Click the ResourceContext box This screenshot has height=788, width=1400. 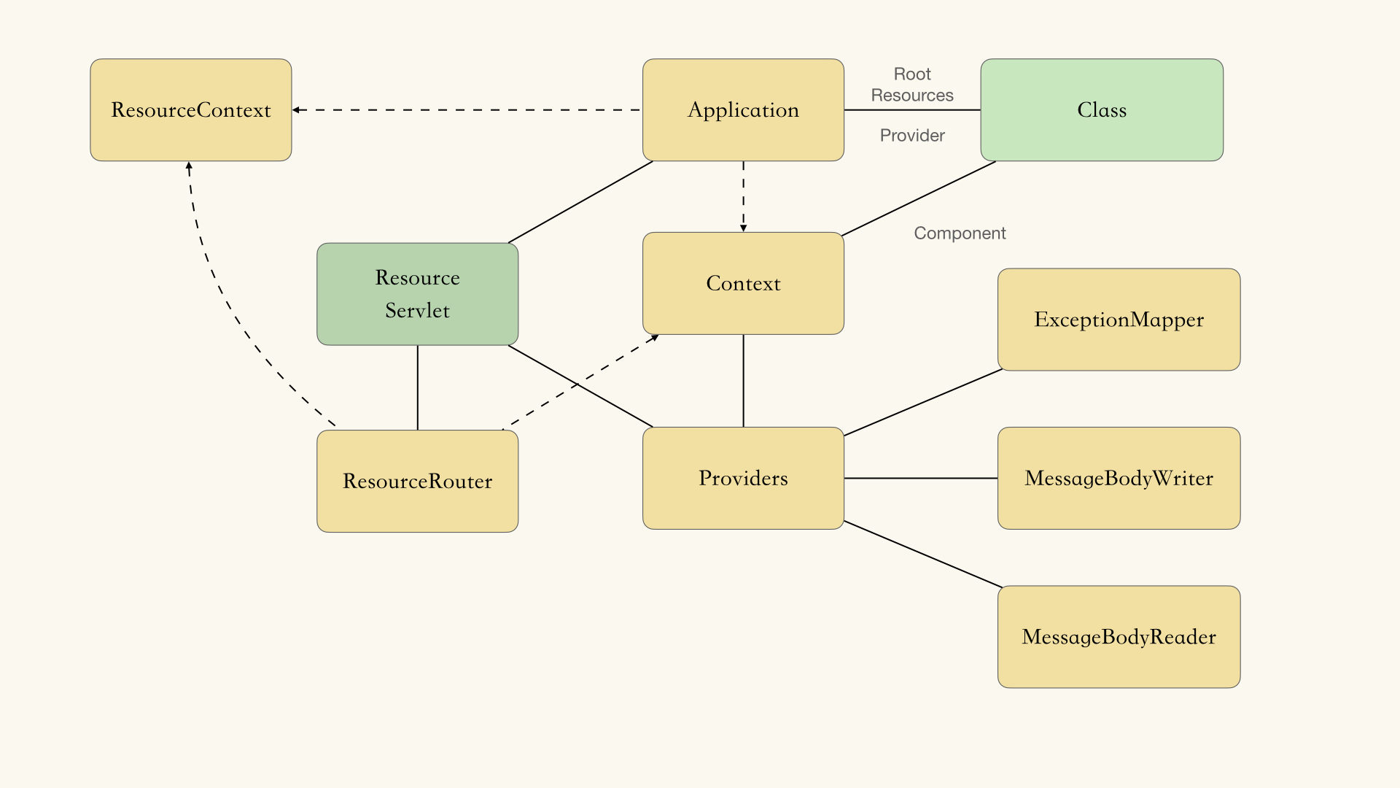(x=190, y=109)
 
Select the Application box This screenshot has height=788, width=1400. (x=743, y=109)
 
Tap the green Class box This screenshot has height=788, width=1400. (x=1101, y=109)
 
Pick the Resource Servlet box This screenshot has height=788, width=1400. (x=417, y=294)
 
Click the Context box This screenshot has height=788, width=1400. (x=743, y=283)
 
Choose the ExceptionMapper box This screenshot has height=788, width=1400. (x=1119, y=320)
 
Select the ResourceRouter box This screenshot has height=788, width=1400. (x=417, y=481)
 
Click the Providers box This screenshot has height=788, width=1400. (x=743, y=478)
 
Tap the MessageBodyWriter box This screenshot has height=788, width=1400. (x=1119, y=478)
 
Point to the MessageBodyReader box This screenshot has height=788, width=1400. (x=1119, y=636)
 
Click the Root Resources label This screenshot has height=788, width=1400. (x=912, y=85)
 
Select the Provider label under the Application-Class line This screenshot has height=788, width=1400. (x=912, y=136)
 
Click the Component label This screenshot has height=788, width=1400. (x=960, y=233)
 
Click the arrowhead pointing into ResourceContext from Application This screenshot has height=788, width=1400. (x=297, y=110)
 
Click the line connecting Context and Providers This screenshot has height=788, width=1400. (x=743, y=381)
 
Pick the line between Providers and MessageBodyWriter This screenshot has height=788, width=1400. (x=920, y=478)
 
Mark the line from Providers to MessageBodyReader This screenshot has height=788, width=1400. (x=922, y=554)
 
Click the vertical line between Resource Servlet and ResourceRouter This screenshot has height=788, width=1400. (x=417, y=387)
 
